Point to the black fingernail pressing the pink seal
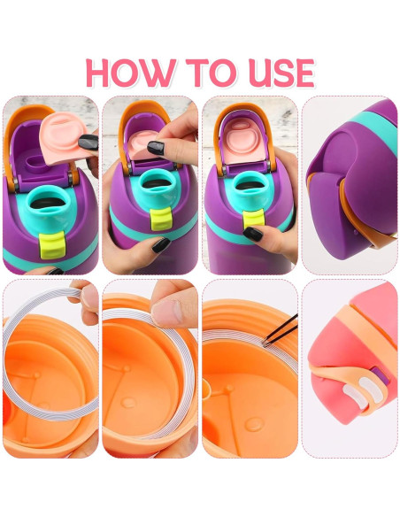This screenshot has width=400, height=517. (155, 147)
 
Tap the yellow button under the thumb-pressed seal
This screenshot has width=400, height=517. (159, 221)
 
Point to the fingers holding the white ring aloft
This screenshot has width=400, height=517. (85, 296)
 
